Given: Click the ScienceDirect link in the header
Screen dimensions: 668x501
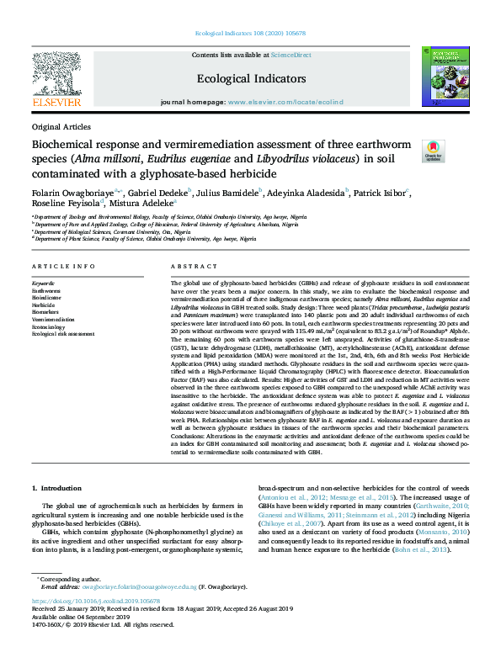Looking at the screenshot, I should coord(291,54).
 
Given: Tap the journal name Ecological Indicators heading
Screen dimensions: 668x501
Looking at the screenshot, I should coord(251,78).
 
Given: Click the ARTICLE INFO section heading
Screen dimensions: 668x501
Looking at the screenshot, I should coord(63,267).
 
